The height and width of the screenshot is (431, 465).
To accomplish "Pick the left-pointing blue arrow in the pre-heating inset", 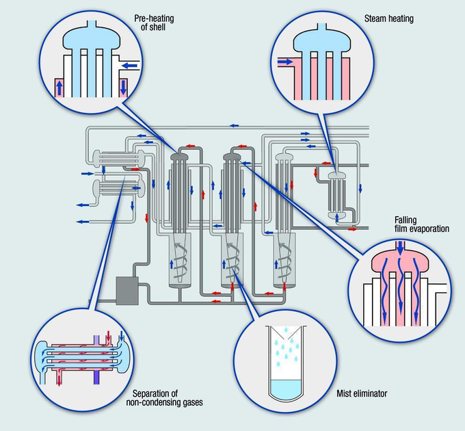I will pos(129,67).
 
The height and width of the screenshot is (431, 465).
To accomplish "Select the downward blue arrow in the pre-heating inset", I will pos(123,88).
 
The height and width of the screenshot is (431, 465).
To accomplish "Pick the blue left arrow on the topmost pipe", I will pos(234,126).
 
